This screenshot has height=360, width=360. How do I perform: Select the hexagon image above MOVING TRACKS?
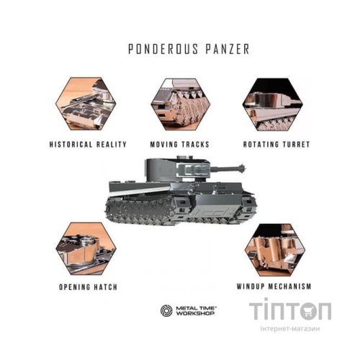pyautogui.click(x=180, y=104)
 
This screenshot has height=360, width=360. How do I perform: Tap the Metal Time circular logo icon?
pyautogui.click(x=166, y=310)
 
